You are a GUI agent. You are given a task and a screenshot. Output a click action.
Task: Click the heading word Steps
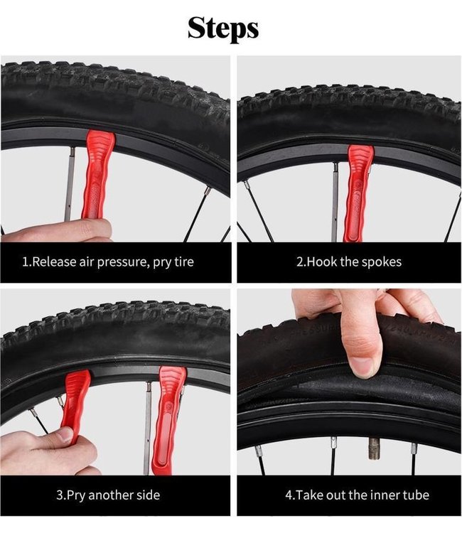[x=223, y=28]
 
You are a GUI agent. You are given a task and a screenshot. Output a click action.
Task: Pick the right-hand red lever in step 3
[x=169, y=420]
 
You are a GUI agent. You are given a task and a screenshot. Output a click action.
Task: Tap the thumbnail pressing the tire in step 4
[x=362, y=367]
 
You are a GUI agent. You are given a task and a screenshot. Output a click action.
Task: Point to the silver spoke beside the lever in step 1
[x=70, y=184]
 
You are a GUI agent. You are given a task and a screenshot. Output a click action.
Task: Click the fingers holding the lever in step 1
[x=57, y=230]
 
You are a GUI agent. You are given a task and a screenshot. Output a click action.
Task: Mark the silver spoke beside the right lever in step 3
[x=148, y=428]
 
